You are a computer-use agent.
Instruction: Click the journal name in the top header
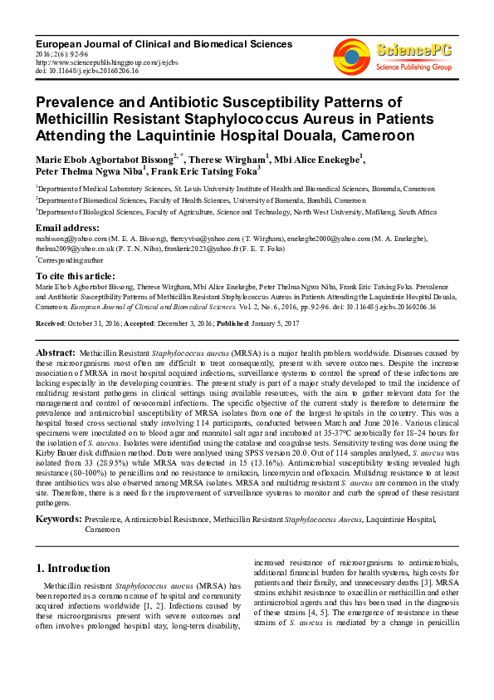(164, 43)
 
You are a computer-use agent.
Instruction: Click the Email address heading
(68, 228)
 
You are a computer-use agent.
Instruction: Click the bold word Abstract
(56, 354)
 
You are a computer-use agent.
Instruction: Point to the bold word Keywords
(57, 519)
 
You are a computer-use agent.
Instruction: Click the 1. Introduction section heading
(78, 569)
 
